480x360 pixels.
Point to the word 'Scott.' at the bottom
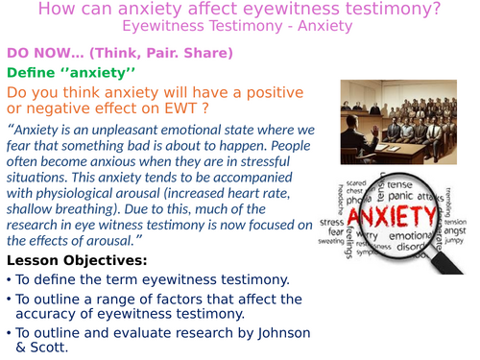[41, 350]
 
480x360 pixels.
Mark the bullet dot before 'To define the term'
[9, 280]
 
